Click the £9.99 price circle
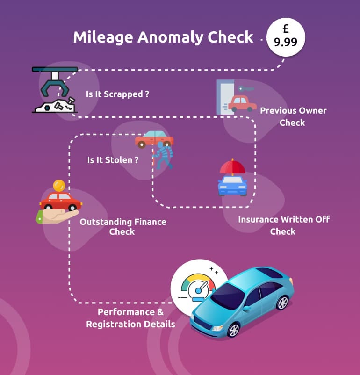[x=285, y=37]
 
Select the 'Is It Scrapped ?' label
[x=117, y=94]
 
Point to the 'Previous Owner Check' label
[x=293, y=116]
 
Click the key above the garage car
[x=245, y=88]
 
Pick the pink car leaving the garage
[x=242, y=103]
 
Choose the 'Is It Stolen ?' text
[x=113, y=160]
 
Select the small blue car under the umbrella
[x=232, y=186]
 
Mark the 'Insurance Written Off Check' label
[x=283, y=225]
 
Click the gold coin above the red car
[x=59, y=185]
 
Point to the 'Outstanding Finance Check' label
[x=122, y=226]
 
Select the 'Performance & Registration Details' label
[x=130, y=318]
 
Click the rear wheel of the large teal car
[x=282, y=303]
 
